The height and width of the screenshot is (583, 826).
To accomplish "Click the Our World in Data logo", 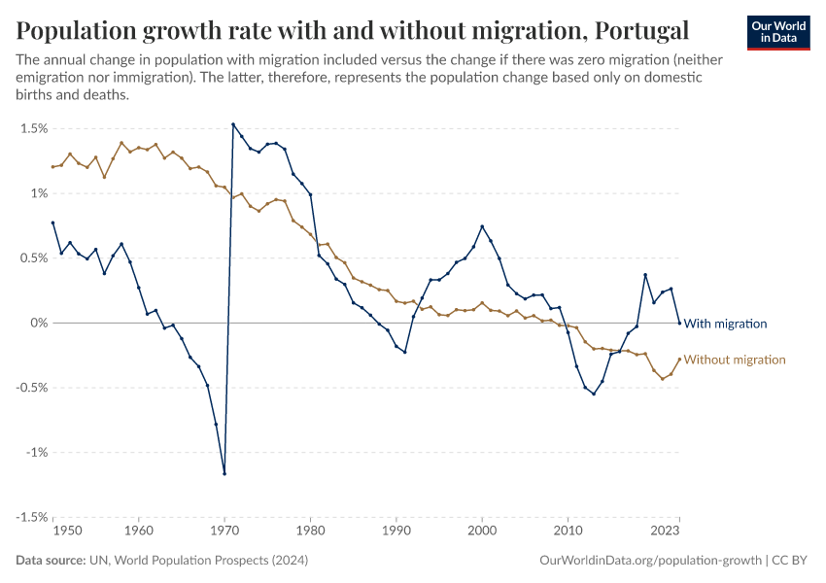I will pos(777,31).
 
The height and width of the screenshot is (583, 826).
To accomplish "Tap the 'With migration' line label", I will pos(726,324).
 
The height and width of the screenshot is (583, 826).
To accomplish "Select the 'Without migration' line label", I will pos(735,360).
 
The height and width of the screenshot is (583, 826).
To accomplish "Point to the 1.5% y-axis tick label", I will pos(33,128).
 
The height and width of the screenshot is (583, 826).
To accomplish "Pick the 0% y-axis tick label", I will pos(38,323).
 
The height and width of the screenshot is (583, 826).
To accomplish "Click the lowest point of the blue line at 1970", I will pos(224,473).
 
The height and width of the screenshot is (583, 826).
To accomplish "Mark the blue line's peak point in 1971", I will pos(233,124).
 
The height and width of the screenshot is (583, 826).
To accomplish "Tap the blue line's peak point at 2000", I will pos(482,226).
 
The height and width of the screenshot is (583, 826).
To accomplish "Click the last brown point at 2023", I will pos(679,359).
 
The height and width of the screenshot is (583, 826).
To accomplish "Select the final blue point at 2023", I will pos(679,323).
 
